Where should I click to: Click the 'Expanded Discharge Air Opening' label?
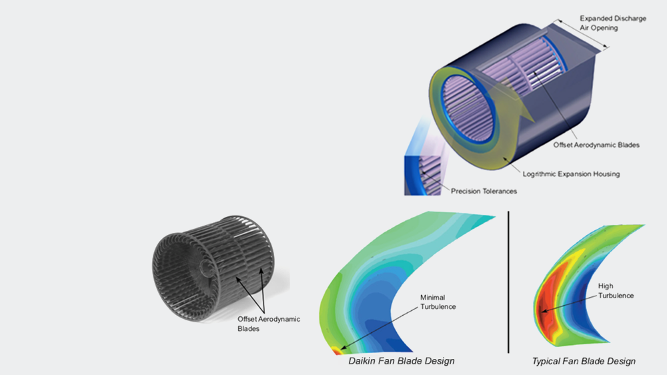coord(612,23)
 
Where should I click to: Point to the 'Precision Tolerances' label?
coord(484,192)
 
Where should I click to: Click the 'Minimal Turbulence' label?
coord(437,302)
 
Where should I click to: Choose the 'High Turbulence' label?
coord(616,290)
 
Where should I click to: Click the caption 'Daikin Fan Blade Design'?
coord(402,361)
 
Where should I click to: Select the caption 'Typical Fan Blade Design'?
coord(584,361)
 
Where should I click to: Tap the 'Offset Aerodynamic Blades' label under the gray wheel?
coord(269,324)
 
